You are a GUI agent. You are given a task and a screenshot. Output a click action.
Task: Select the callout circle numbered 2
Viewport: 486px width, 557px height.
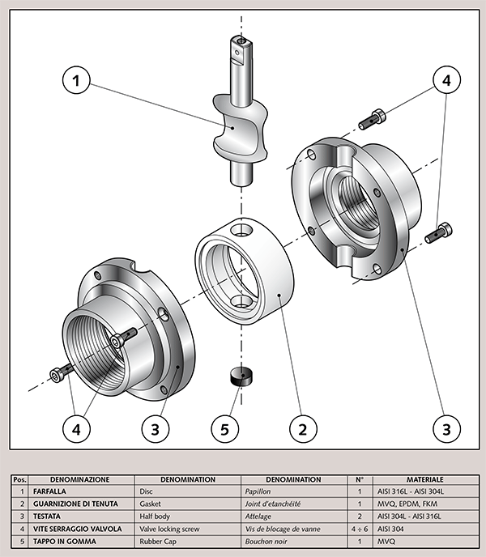302,429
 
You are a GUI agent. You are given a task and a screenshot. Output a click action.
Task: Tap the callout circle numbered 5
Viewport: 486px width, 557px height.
225,429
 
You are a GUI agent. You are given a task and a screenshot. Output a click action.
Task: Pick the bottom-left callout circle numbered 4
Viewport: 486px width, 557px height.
75,429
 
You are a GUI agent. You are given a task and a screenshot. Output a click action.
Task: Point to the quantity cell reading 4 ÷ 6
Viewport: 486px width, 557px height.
359,529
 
